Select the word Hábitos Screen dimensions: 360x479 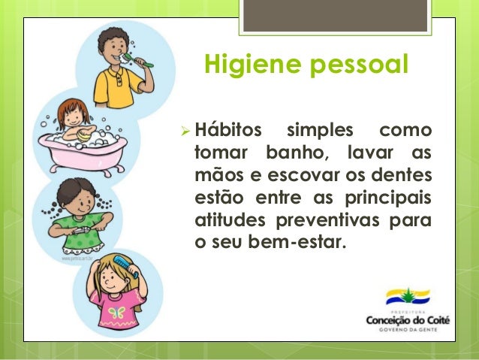pyautogui.click(x=225, y=132)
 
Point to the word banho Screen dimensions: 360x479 pyautogui.click(x=298, y=154)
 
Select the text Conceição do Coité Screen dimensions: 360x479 pyautogui.click(x=408, y=320)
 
